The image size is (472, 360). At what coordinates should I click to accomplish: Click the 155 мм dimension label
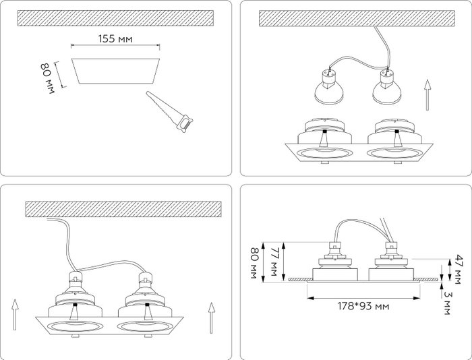115,39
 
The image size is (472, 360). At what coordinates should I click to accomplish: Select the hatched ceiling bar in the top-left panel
116,16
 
